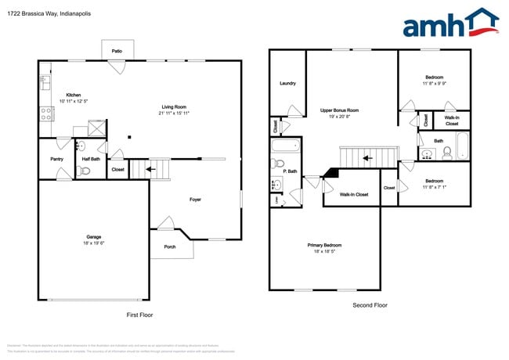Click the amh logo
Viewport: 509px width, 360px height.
coord(450,23)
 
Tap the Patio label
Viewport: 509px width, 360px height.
coord(117,50)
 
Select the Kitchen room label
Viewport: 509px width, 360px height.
coord(73,95)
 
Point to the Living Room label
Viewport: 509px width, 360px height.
coord(174,107)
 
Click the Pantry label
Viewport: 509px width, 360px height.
coord(56,159)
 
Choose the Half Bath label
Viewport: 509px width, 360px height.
coord(91,159)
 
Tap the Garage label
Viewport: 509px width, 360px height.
coord(93,236)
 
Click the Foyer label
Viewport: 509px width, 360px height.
coord(195,200)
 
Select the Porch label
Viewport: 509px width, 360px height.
coord(170,247)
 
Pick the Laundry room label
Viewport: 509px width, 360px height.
coord(287,83)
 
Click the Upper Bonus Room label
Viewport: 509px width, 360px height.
coord(339,110)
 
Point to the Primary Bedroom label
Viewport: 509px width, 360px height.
coord(324,245)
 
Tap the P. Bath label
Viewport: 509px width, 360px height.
coord(290,171)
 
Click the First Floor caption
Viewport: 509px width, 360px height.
coord(139,315)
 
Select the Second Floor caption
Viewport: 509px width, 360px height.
coord(370,305)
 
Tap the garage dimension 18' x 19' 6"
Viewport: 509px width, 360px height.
coord(93,243)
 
